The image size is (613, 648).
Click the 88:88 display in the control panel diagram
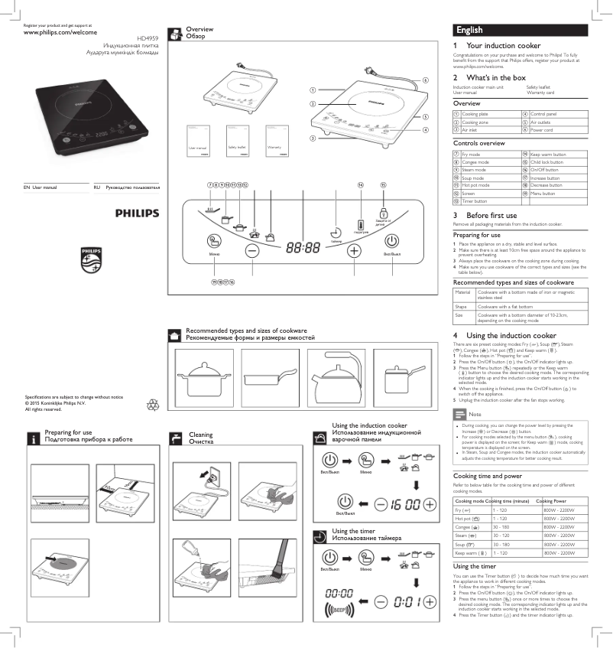click(303, 249)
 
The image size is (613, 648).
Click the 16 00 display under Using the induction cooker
click(402, 503)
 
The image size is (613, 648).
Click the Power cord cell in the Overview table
click(541, 130)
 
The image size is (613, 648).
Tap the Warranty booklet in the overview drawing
click(276, 138)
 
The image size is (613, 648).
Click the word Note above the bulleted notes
click(475, 413)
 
